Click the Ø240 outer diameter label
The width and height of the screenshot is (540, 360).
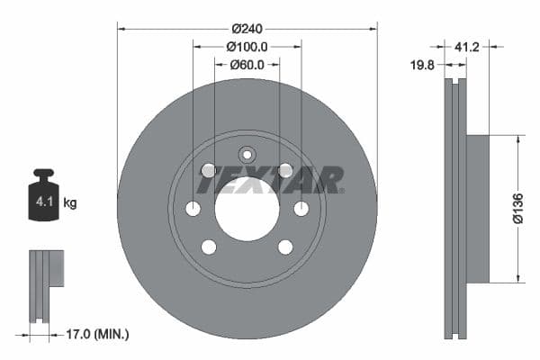(x=247, y=28)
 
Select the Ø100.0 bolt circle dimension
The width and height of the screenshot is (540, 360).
(x=247, y=46)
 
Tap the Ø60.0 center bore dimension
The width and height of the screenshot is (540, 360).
(x=247, y=64)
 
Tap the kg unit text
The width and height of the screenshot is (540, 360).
(x=70, y=203)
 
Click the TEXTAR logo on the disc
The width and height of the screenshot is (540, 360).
(x=269, y=180)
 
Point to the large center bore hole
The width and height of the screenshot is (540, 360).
(x=247, y=209)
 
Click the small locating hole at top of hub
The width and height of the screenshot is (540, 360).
(x=247, y=155)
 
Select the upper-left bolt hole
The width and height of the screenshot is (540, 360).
(x=208, y=170)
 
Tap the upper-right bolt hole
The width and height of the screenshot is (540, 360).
(x=285, y=170)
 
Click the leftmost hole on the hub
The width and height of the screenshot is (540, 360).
(x=193, y=209)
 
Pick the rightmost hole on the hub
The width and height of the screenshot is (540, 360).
(x=301, y=209)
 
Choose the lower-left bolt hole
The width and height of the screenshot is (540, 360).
(x=208, y=247)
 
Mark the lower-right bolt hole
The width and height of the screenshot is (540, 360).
(x=285, y=247)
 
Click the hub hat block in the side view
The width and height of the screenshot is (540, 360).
(x=477, y=208)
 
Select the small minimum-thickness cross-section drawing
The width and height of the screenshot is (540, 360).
(x=45, y=283)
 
